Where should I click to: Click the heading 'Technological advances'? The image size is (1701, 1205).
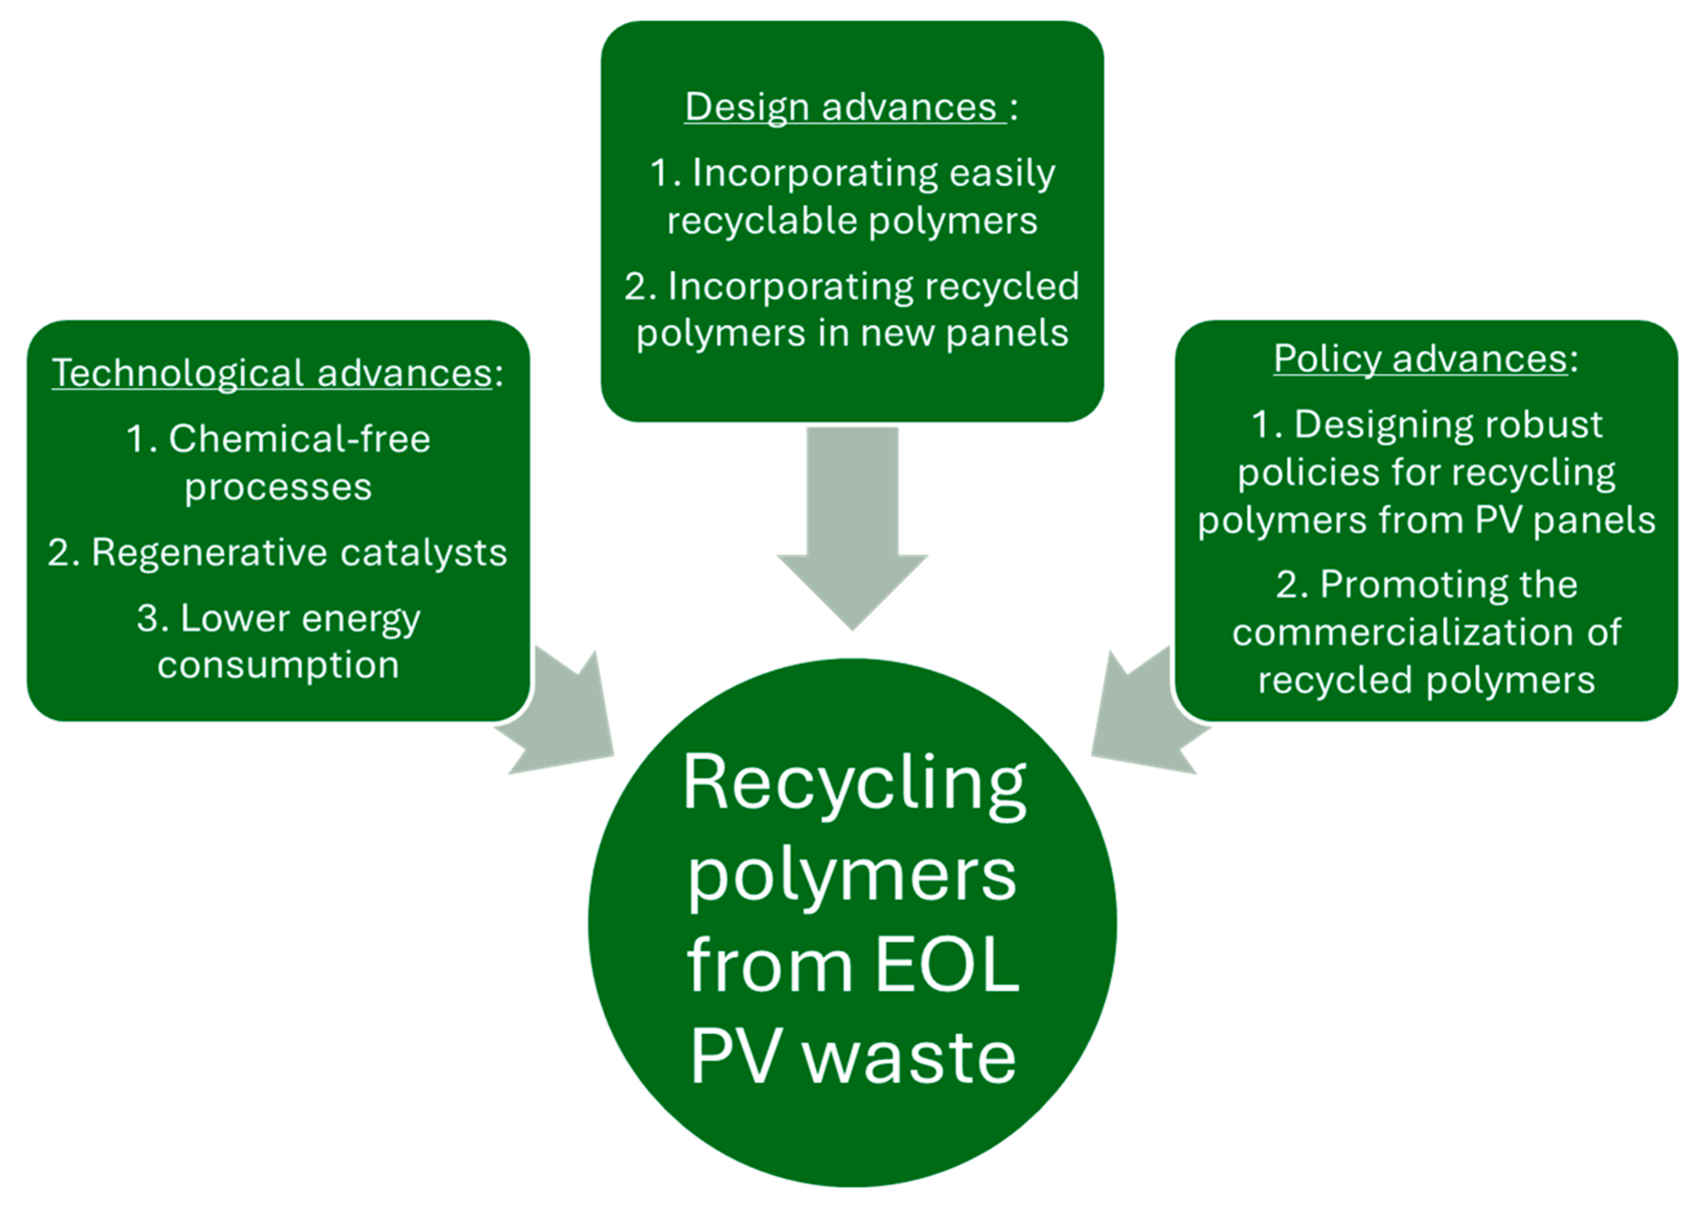coord(272,373)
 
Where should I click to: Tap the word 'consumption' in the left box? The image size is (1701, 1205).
coord(278,665)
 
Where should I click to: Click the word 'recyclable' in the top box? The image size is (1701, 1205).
coord(762,221)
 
